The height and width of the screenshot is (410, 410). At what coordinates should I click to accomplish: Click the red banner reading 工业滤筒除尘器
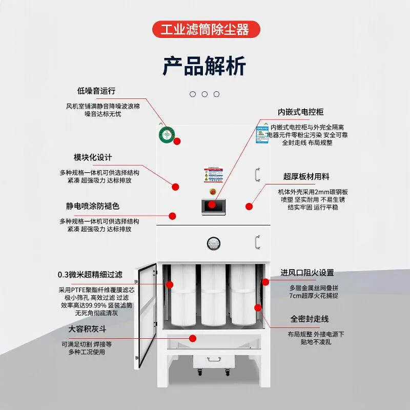click(x=204, y=29)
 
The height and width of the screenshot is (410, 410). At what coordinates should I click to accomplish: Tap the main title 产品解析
click(x=204, y=66)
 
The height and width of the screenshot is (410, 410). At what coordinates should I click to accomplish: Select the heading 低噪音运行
click(x=96, y=91)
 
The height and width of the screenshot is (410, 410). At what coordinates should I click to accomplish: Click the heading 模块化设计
click(x=93, y=157)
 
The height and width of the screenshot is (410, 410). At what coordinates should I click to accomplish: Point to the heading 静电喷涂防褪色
click(x=93, y=206)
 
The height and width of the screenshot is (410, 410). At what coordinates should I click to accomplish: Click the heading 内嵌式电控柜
click(x=301, y=112)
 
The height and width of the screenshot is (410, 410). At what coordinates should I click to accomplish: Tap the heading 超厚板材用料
click(x=306, y=177)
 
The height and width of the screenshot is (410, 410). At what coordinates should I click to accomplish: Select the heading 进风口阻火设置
click(x=307, y=273)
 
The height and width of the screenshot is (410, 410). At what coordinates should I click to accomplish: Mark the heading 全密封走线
click(x=310, y=319)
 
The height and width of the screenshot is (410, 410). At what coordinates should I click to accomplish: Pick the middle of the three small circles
click(x=204, y=94)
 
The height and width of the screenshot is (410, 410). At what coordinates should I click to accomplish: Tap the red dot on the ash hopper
click(x=193, y=337)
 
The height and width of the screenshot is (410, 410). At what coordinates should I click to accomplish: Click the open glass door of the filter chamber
click(x=146, y=315)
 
